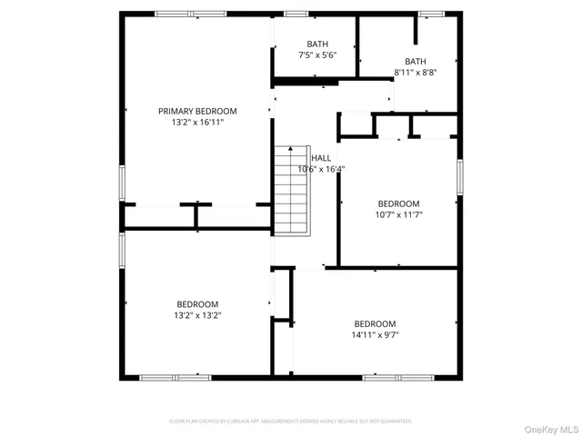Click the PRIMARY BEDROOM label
pos(197,111)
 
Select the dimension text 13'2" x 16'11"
pos(197,122)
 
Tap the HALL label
pos(322,158)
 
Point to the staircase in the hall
pos(292,191)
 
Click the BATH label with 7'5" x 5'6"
pos(317,44)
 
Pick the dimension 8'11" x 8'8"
pos(416,73)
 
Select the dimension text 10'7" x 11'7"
pos(398,214)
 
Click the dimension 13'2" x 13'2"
pos(197,315)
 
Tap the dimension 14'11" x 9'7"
pos(375,335)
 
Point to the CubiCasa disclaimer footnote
pos(291,421)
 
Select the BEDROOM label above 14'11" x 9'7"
pos(375,324)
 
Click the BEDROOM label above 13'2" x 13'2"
pos(197,304)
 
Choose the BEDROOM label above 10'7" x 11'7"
pos(398,203)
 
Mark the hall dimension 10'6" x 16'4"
pos(321,169)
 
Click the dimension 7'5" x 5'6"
pos(317,55)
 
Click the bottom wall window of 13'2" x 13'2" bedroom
pos(175,377)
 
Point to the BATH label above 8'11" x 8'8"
pos(416,62)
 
